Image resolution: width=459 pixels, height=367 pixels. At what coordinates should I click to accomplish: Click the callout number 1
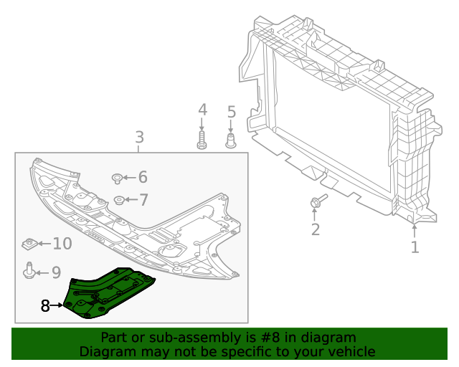[x=415, y=247]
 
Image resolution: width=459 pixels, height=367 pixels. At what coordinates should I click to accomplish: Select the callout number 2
[x=315, y=229]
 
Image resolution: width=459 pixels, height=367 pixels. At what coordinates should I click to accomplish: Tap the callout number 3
[x=139, y=136]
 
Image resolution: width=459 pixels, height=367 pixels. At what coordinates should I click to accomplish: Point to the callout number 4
[x=202, y=110]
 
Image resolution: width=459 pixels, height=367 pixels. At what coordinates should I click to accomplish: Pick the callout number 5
[x=231, y=112]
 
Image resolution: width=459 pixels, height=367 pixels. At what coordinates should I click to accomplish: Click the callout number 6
[x=142, y=177]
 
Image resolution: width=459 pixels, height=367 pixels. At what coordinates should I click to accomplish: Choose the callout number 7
[x=143, y=200]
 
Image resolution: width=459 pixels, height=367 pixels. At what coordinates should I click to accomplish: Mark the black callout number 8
[x=45, y=306]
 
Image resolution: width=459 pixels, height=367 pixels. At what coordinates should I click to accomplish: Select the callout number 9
[x=55, y=272]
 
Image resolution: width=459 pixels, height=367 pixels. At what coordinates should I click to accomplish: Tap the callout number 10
[x=62, y=244]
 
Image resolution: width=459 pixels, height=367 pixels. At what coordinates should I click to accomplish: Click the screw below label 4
[x=202, y=138]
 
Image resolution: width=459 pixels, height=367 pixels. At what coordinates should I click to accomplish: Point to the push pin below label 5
[x=231, y=138]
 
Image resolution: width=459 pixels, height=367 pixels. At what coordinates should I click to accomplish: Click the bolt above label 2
[x=318, y=202]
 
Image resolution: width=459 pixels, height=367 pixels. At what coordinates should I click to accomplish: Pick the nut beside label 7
[x=118, y=200]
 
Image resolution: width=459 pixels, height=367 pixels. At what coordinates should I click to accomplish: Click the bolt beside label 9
[x=29, y=271]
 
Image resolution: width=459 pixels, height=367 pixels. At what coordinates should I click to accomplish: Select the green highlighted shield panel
[x=108, y=294]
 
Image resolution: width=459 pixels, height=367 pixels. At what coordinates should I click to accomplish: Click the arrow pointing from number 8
[x=57, y=306]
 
